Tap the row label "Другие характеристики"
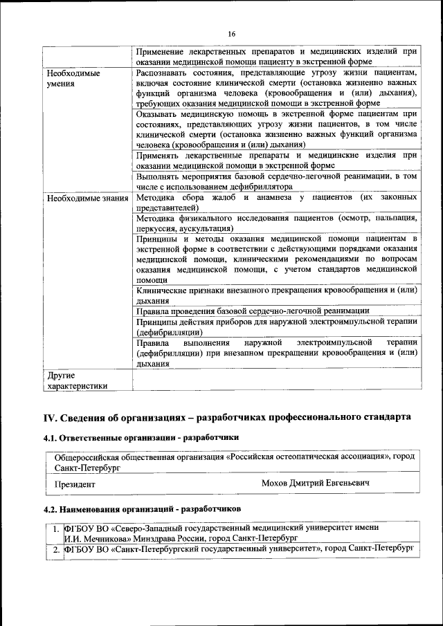coord(77,381)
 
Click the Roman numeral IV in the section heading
coord(50,417)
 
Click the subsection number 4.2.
coord(51,509)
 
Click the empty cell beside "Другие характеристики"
coord(276,381)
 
